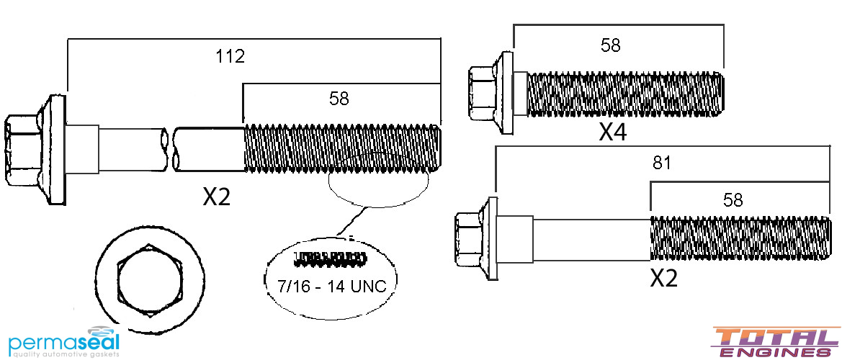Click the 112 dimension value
230,56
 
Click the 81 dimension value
662,163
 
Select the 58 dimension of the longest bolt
339,99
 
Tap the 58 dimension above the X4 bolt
610,45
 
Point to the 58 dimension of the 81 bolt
733,199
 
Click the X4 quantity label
613,132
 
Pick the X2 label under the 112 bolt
216,196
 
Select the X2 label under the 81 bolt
663,277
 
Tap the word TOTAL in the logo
774,337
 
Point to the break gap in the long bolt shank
172,149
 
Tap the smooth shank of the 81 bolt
591,238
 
